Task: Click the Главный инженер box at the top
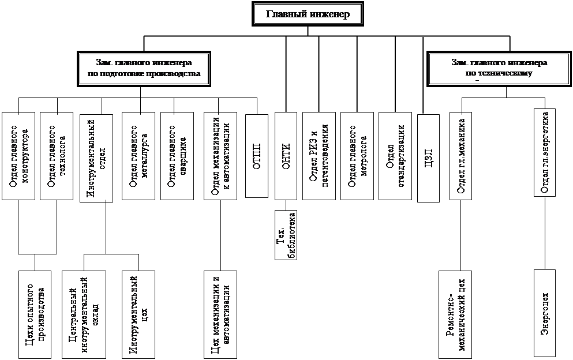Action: point(308,14)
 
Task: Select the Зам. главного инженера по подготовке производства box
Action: point(144,68)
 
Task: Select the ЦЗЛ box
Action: point(428,157)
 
